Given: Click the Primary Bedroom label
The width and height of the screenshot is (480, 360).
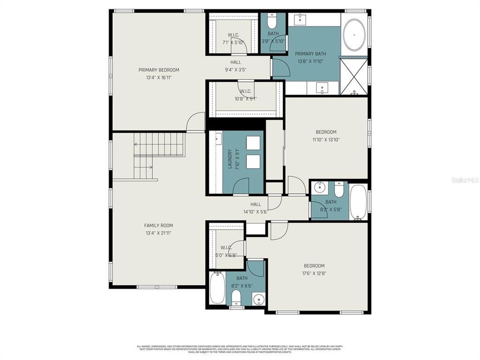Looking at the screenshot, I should (158, 70).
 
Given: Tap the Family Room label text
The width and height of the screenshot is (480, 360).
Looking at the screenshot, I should (158, 225).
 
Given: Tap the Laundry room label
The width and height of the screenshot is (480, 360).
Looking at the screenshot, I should (230, 158).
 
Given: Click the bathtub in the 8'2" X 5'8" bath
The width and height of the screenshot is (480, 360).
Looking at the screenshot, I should (358, 202).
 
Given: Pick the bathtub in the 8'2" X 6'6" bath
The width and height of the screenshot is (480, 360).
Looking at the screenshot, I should (217, 288).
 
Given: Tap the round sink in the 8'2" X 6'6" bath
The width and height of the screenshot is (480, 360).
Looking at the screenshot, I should (258, 299).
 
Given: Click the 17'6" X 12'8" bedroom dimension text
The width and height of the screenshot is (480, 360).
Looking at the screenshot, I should (314, 273).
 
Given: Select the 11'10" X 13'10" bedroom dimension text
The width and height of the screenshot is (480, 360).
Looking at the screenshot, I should (325, 140).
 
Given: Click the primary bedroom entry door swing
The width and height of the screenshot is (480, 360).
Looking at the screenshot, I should (195, 122).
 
